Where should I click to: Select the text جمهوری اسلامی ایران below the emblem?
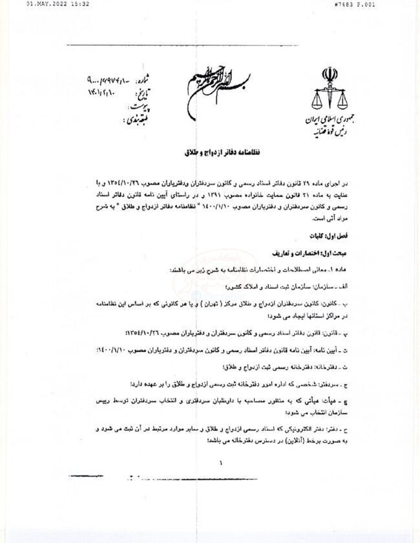[326, 121]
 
